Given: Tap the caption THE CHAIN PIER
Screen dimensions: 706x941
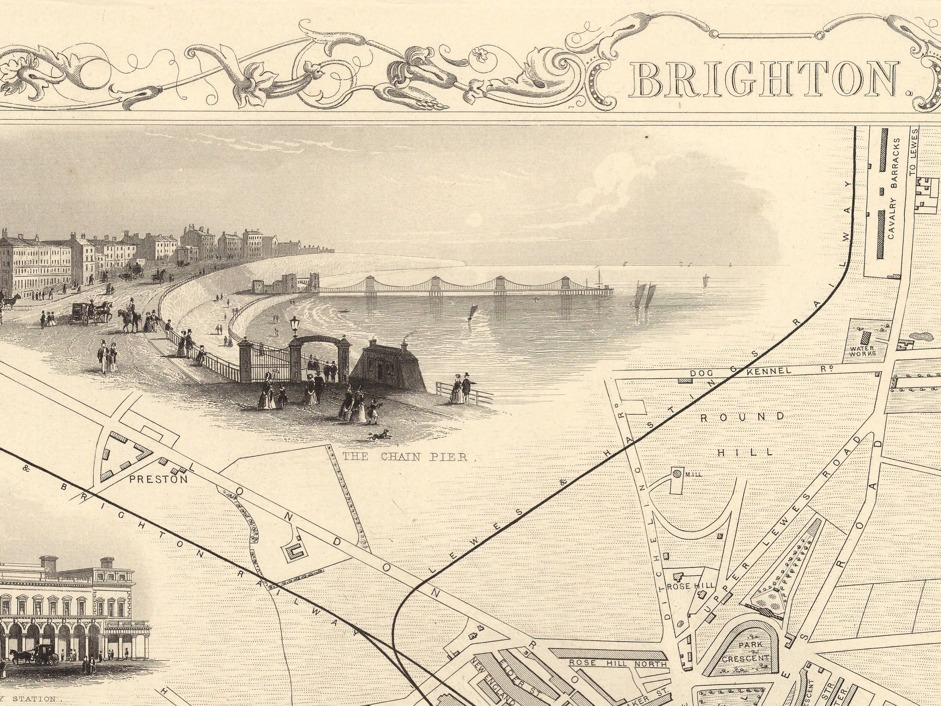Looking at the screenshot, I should (x=405, y=457).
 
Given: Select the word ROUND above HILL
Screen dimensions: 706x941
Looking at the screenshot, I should (x=742, y=417).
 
